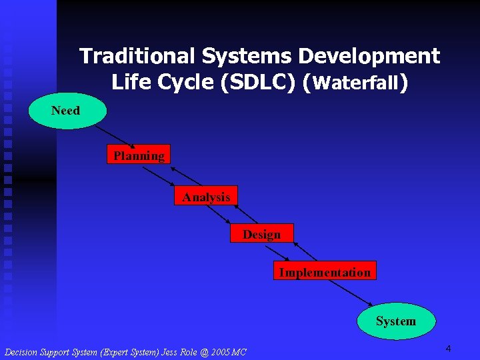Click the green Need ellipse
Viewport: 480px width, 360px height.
click(67, 110)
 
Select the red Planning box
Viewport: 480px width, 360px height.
click(139, 155)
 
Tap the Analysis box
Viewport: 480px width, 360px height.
click(206, 196)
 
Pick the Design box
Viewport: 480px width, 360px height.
click(261, 233)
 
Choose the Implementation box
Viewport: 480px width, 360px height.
click(325, 271)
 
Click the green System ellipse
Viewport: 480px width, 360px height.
click(396, 321)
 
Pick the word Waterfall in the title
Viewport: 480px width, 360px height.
click(356, 83)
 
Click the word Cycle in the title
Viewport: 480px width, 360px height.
click(183, 82)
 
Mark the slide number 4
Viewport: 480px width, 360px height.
click(449, 349)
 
